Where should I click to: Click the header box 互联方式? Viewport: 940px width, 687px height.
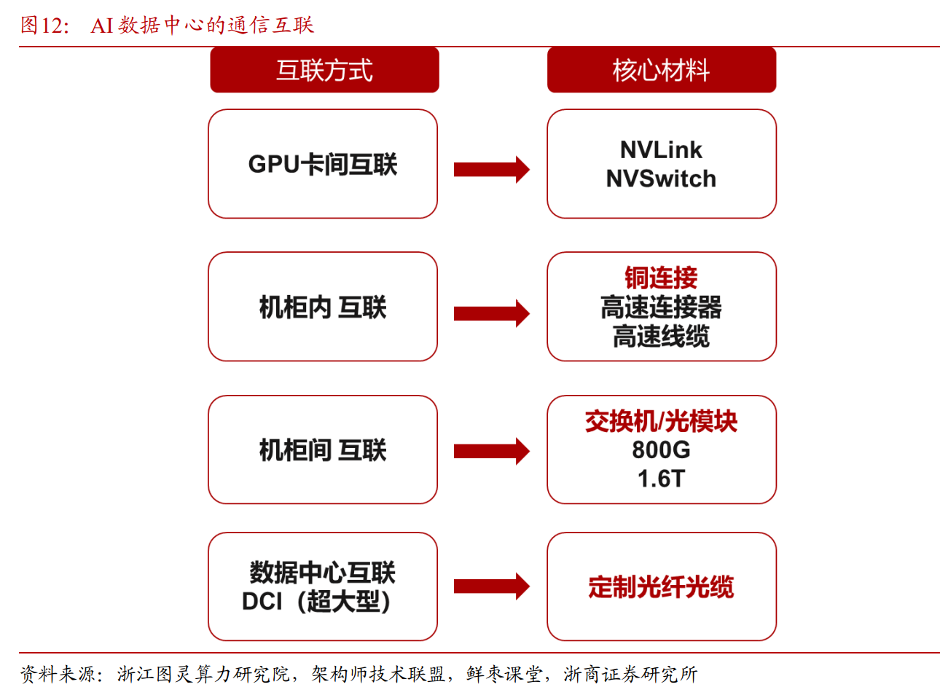tap(324, 70)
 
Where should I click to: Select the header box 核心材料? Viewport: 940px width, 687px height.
tap(661, 70)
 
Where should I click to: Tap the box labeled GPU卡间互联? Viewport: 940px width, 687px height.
tap(323, 164)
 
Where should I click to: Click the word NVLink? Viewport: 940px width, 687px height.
tap(661, 150)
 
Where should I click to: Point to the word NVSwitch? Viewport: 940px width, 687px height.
tap(661, 178)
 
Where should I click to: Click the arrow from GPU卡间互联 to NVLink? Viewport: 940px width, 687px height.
tap(491, 169)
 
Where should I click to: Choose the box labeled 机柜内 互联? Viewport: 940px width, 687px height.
tap(323, 307)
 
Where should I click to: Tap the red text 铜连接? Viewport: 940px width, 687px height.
tap(661, 278)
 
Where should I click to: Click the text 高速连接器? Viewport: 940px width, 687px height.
tap(661, 307)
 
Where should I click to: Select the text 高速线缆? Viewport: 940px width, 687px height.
tap(661, 337)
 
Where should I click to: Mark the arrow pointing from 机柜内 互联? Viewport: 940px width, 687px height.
tap(491, 313)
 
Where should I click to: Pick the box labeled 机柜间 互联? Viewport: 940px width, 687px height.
tap(323, 450)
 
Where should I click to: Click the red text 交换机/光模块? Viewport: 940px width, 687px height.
tap(661, 421)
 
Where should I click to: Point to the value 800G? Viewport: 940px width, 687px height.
tap(661, 450)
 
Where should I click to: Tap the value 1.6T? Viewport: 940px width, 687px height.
tap(661, 479)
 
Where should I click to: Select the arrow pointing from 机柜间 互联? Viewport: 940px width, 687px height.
tap(491, 451)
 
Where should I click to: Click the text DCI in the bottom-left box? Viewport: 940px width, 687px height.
tap(262, 602)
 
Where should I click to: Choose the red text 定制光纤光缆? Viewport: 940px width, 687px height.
tap(661, 586)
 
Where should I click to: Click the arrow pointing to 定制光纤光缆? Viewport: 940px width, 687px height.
tap(491, 586)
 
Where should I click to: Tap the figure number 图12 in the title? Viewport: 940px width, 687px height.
tap(44, 25)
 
